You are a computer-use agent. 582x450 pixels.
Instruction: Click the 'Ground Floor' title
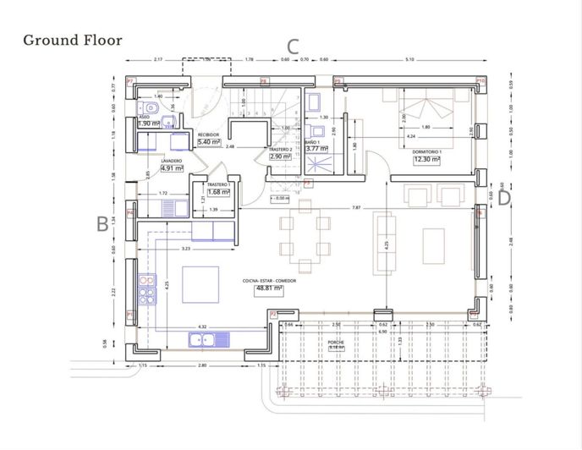pyautogui.click(x=73, y=40)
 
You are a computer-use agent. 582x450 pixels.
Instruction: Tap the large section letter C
pyautogui.click(x=294, y=47)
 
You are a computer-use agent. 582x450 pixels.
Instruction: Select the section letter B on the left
pyautogui.click(x=102, y=223)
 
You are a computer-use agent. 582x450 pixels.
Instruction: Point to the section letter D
pyautogui.click(x=504, y=197)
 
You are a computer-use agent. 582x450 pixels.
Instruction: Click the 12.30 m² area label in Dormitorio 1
pyautogui.click(x=427, y=158)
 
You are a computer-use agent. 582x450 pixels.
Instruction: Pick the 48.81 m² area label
pyautogui.click(x=268, y=288)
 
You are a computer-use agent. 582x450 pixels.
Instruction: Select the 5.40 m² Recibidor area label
pyautogui.click(x=208, y=142)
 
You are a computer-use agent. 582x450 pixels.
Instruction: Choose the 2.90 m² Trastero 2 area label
pyautogui.click(x=280, y=156)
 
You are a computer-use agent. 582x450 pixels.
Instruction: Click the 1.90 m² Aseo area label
pyautogui.click(x=149, y=123)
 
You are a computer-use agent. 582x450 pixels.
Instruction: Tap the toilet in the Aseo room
pyautogui.click(x=151, y=108)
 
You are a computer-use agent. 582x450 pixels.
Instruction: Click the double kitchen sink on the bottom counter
pyautogui.click(x=206, y=341)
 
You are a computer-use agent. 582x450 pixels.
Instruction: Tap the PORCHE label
pyautogui.click(x=337, y=342)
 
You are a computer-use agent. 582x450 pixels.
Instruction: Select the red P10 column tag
pyautogui.click(x=480, y=82)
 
